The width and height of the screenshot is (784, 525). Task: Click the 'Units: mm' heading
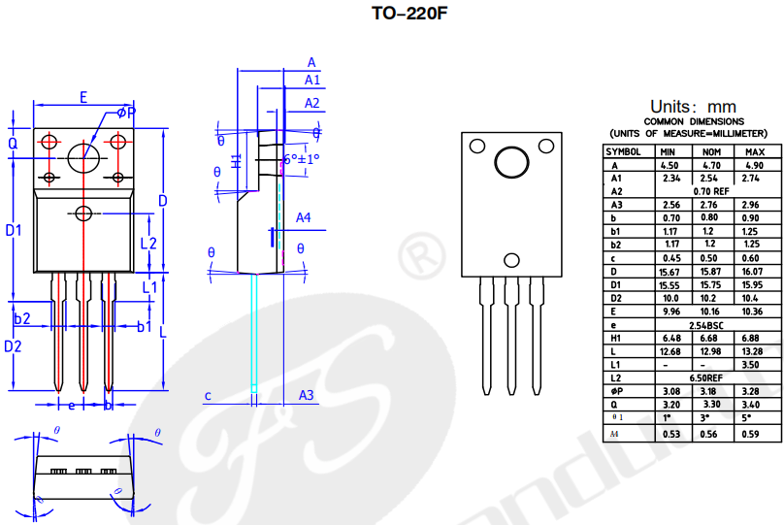click(693, 106)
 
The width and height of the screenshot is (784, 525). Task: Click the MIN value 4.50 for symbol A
click(669, 166)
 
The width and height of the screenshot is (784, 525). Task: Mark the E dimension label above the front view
click(83, 97)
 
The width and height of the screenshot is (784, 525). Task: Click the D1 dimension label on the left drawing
click(14, 230)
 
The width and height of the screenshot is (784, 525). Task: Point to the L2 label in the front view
click(148, 243)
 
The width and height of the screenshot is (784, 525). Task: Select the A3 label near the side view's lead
click(307, 395)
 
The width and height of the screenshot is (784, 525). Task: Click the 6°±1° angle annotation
click(302, 158)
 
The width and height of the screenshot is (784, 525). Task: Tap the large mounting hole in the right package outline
click(511, 161)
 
